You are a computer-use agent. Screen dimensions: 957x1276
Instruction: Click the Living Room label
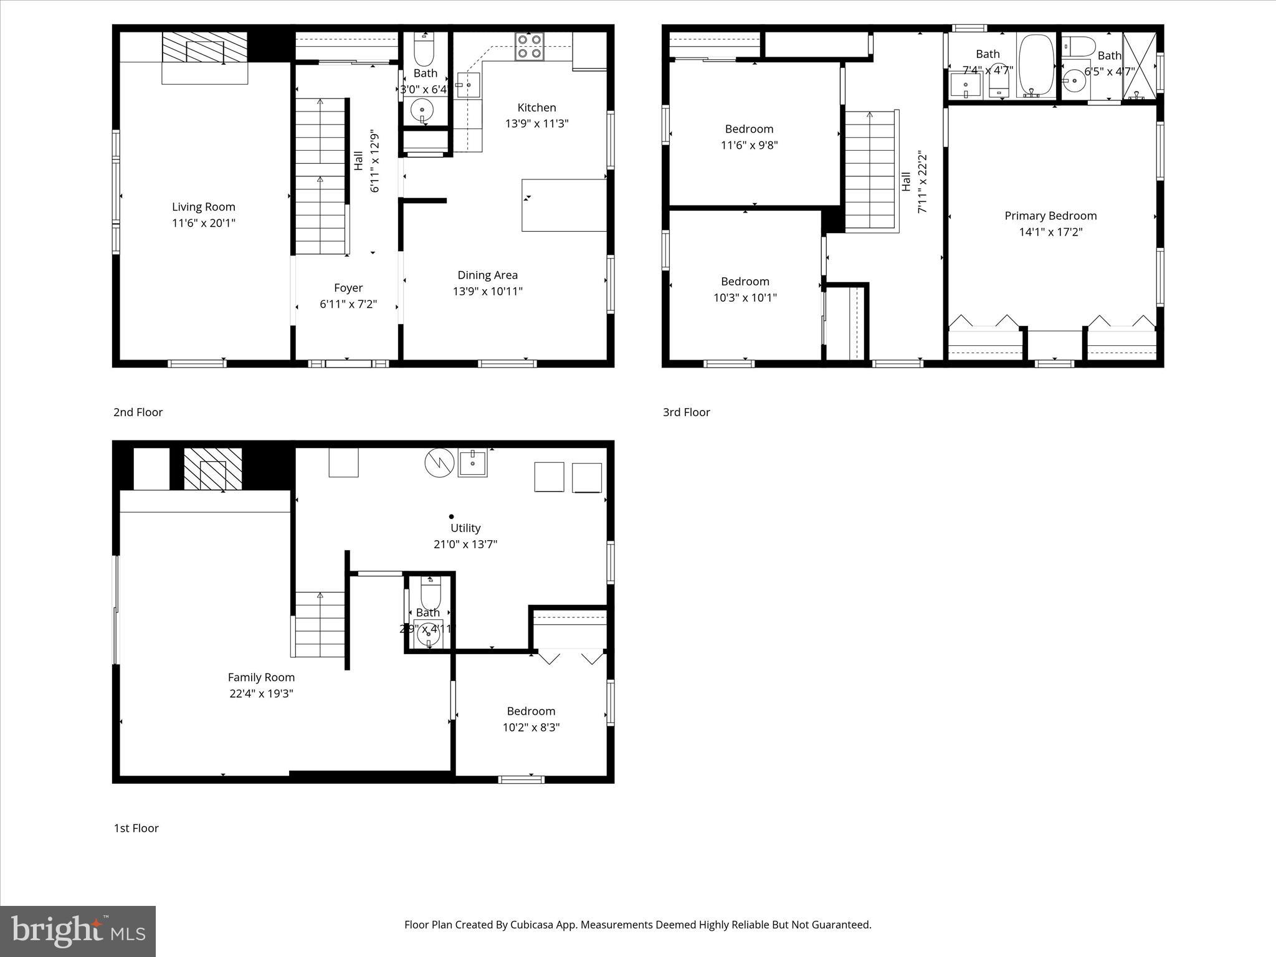(x=203, y=207)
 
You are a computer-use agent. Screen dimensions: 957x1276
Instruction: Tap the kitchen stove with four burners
(x=529, y=46)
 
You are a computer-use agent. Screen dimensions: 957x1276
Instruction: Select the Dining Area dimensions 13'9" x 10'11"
(x=487, y=291)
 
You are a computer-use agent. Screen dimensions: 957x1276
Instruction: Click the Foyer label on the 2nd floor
(x=348, y=288)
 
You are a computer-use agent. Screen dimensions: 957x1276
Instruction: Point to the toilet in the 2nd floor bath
(x=424, y=50)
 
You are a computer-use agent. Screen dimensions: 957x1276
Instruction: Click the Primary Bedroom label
(x=1050, y=216)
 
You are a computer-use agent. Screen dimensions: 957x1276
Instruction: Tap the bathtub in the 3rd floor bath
(x=1036, y=65)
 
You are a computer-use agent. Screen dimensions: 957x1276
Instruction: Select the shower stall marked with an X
(x=1139, y=65)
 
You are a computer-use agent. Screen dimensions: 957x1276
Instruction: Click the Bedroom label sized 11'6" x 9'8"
(x=749, y=129)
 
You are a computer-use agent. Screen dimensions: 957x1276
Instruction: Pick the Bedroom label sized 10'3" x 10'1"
(x=745, y=282)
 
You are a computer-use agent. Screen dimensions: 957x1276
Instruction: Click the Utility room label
(x=465, y=528)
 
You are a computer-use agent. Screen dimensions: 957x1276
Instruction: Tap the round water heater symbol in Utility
(x=439, y=463)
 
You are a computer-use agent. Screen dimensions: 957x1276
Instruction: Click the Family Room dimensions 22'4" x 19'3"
(x=261, y=693)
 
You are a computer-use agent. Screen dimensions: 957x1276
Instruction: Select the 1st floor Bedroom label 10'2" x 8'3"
(x=531, y=712)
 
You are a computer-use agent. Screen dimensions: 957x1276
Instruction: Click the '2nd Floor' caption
(x=138, y=412)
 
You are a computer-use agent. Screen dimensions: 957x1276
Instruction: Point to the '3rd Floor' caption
(x=686, y=412)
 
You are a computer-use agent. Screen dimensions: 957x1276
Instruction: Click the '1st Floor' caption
(x=136, y=828)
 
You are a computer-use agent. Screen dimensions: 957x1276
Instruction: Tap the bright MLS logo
(x=78, y=931)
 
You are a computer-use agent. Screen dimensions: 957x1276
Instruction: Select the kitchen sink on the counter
(x=469, y=85)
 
